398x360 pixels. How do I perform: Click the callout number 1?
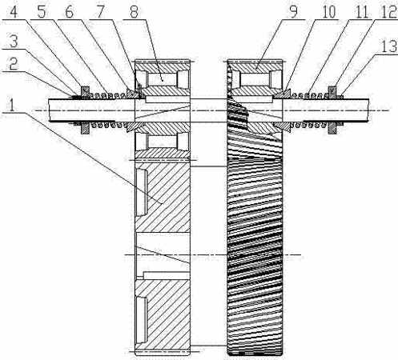point(11,106)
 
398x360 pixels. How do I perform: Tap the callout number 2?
point(13,64)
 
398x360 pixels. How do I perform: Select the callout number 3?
point(14,42)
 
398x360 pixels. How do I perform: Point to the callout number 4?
point(14,12)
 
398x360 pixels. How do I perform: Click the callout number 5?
point(42,12)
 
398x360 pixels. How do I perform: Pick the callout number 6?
point(70,12)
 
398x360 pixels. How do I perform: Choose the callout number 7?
point(101,12)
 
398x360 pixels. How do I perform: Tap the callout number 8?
point(135,12)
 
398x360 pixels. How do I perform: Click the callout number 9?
point(294,12)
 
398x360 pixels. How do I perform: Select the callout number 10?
point(329,12)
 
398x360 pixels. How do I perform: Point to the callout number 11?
point(362,12)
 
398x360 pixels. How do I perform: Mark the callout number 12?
point(389,12)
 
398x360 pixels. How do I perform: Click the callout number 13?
point(389,46)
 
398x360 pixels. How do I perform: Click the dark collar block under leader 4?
point(86,91)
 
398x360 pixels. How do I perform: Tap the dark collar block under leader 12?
point(332,91)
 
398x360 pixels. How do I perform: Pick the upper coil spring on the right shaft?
point(310,95)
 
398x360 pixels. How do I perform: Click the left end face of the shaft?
point(49,110)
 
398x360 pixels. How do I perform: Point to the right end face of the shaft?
point(369,110)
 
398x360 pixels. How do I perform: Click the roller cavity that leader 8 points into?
point(163,79)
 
